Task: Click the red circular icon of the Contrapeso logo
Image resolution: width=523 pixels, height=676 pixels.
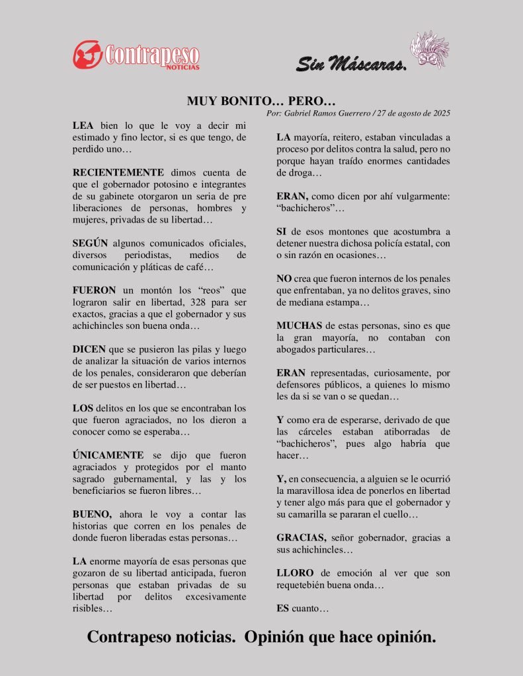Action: click(x=87, y=54)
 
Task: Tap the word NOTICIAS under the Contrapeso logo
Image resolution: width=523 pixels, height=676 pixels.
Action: click(x=182, y=67)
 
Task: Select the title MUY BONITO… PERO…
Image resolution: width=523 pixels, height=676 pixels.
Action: click(x=261, y=101)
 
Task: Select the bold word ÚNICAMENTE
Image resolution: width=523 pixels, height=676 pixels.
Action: click(x=108, y=456)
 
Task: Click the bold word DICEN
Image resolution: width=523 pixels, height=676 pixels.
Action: click(x=89, y=349)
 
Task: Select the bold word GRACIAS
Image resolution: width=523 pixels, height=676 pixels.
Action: click(x=302, y=538)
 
